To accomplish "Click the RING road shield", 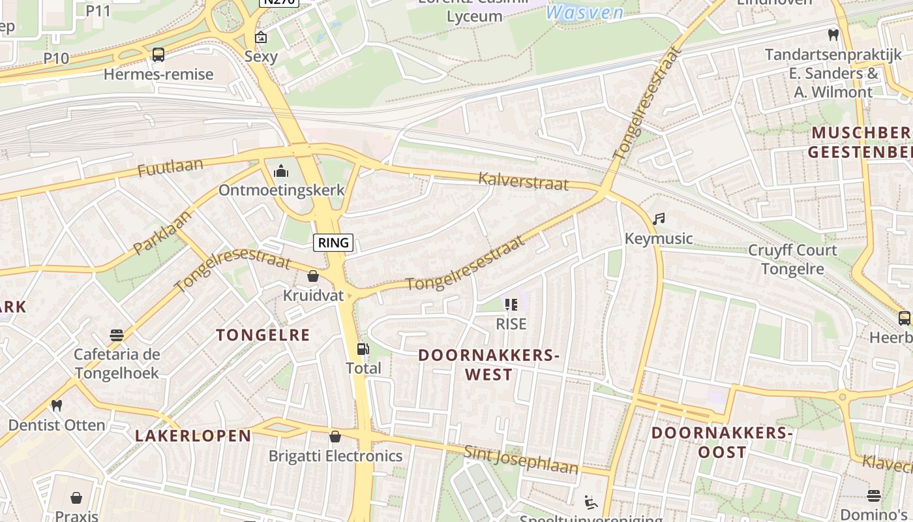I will click(x=333, y=243).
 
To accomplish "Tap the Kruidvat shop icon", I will click(x=313, y=276).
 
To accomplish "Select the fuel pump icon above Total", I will click(x=363, y=349).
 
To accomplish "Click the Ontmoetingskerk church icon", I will click(x=281, y=171).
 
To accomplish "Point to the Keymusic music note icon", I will click(x=659, y=219).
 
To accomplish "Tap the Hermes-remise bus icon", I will click(x=158, y=55).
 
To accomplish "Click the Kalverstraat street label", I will click(x=523, y=181).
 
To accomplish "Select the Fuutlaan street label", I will click(x=170, y=168).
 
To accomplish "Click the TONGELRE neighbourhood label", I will click(x=263, y=335).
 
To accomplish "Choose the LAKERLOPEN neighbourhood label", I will click(x=193, y=436).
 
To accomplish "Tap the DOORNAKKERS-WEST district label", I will click(x=488, y=365).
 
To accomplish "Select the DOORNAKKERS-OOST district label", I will click(x=722, y=442).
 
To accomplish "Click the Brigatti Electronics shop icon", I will click(x=335, y=437).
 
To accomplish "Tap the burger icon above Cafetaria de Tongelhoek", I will click(x=117, y=335).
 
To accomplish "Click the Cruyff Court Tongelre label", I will click(x=792, y=259).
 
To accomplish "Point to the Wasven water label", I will click(x=584, y=12).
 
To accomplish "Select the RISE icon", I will click(x=511, y=304).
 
